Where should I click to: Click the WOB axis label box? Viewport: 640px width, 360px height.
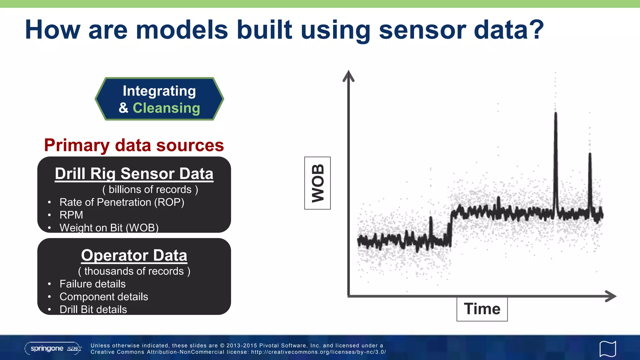[x=317, y=183]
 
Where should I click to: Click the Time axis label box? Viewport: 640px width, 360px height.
[x=482, y=309]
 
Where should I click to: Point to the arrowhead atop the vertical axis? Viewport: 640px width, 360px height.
[x=348, y=76]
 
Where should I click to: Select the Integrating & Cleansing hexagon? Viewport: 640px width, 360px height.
[x=159, y=99]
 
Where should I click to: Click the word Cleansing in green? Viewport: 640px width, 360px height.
[x=166, y=108]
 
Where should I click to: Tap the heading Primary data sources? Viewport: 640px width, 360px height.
[x=134, y=145]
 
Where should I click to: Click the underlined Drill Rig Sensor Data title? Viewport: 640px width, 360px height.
[x=134, y=174]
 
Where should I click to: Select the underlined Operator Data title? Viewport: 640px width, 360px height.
[x=134, y=255]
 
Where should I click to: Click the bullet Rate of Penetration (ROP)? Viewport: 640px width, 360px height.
[x=122, y=202]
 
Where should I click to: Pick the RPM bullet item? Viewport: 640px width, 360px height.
[x=71, y=215]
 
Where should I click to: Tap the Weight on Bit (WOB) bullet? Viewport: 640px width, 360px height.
[x=109, y=227]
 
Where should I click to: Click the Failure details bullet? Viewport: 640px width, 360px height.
[x=92, y=284]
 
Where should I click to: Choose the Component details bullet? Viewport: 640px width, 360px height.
[x=104, y=297]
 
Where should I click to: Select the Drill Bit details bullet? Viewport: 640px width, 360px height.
[x=93, y=309]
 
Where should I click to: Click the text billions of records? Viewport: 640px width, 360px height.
[x=150, y=189]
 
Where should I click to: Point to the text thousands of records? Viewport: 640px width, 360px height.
[x=134, y=271]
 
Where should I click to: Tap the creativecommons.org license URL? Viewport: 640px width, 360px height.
[x=318, y=352]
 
